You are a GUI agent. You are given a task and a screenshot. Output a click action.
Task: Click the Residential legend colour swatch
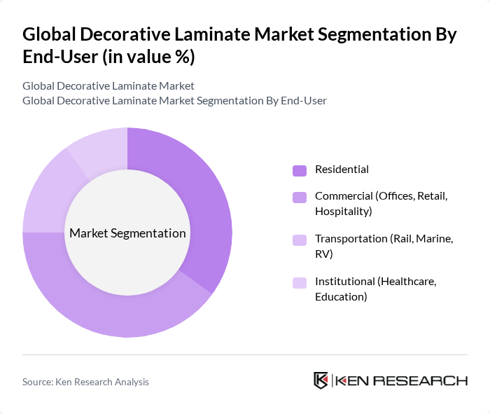coord(300,170)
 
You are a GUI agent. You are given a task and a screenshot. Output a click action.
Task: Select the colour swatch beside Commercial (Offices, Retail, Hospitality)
coord(300,198)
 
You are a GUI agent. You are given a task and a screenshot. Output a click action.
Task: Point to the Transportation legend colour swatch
coord(300,240)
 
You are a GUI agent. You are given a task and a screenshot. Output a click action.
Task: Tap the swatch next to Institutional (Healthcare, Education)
coord(300,282)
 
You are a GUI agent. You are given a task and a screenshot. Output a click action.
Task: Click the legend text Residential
coord(342,170)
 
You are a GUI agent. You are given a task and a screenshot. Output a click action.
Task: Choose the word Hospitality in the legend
coord(343,211)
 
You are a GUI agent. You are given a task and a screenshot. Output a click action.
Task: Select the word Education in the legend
coord(340,296)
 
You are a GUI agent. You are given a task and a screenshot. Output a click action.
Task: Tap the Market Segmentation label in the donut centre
coord(127,233)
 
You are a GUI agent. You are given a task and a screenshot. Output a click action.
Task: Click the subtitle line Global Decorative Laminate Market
coord(108,86)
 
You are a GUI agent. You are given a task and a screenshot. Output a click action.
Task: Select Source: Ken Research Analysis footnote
coord(85,382)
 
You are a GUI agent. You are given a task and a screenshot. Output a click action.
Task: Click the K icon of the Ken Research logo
coord(321,380)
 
